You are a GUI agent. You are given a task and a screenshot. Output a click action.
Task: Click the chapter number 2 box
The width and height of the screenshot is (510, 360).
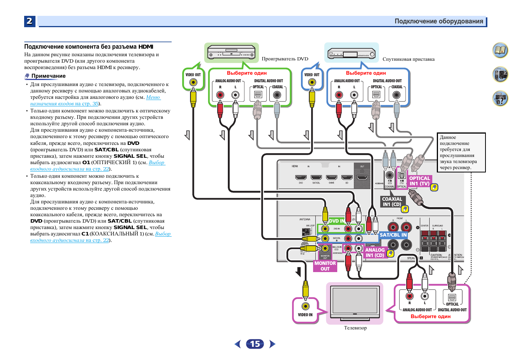pos(29,21)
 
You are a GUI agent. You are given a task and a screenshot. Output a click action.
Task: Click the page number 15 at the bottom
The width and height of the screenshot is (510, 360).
pos(255,344)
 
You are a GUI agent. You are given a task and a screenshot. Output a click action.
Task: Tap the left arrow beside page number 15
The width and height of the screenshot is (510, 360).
pos(238,344)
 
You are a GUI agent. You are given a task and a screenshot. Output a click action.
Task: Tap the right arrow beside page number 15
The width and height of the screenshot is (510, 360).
pos(272,344)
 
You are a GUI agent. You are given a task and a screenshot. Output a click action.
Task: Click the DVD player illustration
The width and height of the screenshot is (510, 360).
pos(231,52)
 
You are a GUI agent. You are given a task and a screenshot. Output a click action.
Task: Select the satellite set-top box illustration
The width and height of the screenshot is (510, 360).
pos(351,53)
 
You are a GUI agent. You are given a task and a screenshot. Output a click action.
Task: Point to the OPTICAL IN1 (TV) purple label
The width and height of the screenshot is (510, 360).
pos(419,181)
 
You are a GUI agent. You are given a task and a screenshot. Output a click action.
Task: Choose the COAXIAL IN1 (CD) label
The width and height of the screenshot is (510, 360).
pos(392,202)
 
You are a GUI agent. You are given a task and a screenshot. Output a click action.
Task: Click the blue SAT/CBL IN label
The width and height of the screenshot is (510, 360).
pos(393,235)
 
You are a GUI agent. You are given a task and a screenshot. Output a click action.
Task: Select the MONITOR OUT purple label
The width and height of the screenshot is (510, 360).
pos(325,266)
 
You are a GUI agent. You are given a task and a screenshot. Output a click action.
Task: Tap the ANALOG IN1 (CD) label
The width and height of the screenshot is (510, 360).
pos(375,252)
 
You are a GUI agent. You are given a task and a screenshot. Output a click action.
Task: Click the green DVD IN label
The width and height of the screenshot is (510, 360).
pos(336,221)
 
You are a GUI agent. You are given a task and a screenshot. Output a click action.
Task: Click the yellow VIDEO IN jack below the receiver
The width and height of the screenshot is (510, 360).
pos(306,306)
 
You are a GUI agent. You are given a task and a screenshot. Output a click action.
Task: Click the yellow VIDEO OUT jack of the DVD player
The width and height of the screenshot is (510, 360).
pos(193,82)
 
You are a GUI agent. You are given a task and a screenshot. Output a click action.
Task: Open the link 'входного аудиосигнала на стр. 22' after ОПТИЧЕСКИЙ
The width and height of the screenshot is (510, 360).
pos(69,169)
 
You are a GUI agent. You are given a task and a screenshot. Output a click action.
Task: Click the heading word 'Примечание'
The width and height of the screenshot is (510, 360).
pos(48,76)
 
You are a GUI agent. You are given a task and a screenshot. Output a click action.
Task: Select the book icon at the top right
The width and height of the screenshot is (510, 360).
pos(500,50)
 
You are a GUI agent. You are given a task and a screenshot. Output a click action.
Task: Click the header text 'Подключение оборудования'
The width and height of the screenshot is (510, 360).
pos(439,21)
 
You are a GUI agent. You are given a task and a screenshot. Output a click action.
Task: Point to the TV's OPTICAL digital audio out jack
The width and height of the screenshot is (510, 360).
pos(452,297)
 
